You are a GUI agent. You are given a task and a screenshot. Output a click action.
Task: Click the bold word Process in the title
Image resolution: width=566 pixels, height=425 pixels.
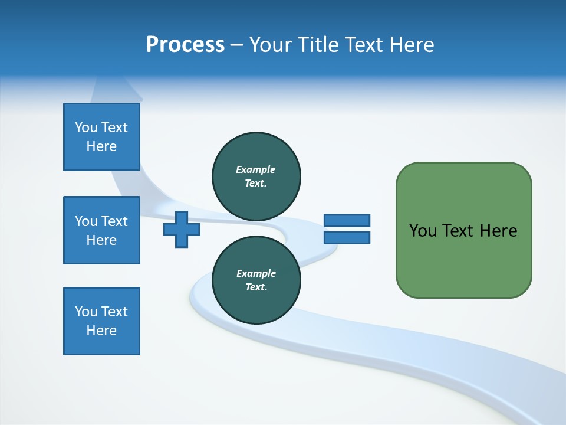pos(185,45)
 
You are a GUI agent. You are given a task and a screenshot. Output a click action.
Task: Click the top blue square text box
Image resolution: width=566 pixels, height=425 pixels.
pos(101,137)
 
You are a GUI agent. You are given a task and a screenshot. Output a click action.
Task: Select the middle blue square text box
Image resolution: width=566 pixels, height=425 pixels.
pos(101,230)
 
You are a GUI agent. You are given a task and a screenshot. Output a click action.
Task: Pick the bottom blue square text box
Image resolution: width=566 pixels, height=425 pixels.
pos(101,321)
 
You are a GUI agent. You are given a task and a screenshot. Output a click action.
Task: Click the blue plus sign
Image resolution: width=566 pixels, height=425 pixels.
pos(182,229)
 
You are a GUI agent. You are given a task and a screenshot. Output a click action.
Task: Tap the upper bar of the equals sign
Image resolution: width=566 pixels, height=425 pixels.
pos(347,220)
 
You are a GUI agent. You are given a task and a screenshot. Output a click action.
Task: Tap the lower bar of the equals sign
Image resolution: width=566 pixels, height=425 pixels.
pos(347,238)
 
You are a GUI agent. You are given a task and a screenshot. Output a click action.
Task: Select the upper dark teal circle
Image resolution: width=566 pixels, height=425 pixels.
pos(256,176)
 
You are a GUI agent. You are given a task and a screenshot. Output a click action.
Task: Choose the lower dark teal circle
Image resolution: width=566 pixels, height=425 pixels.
pos(256,280)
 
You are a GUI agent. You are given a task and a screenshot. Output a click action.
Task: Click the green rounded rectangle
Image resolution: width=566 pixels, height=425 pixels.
pos(463,230)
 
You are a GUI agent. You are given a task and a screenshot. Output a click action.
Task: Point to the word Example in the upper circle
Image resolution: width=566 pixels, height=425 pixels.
pos(256,169)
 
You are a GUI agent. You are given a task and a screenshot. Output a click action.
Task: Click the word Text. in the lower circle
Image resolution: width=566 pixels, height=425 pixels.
pos(256,287)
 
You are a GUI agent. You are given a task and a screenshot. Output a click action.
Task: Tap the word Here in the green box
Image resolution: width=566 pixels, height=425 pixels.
pos(498,231)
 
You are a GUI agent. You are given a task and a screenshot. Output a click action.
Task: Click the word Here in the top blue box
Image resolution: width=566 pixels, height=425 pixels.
pos(101,146)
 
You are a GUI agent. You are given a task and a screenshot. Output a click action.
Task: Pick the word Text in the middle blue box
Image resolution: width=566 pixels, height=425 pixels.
pos(114,221)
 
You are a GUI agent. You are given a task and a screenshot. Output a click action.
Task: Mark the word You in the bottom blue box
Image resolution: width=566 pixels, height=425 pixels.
pos(86,312)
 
